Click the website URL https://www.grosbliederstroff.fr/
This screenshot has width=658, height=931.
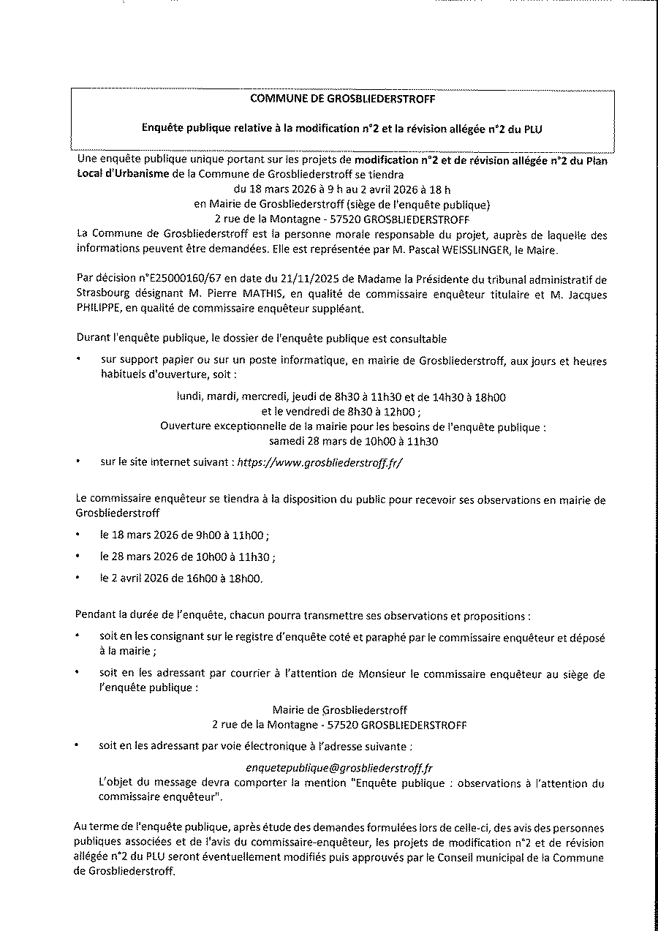click(x=320, y=462)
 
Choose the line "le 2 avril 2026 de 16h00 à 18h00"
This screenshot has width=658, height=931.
click(x=181, y=578)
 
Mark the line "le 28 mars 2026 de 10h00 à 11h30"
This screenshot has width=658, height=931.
click(x=188, y=557)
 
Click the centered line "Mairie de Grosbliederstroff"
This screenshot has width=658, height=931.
click(x=339, y=709)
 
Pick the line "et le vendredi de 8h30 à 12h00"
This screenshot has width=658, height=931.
click(x=340, y=412)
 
